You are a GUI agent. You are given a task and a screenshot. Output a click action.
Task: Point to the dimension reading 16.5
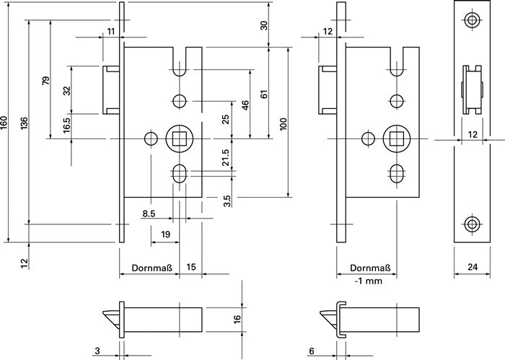tap(66, 126)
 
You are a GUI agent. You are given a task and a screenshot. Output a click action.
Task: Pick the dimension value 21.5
tap(226, 159)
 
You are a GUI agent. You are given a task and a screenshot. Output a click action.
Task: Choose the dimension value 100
tap(284, 125)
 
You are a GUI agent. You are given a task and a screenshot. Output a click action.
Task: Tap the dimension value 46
tap(245, 105)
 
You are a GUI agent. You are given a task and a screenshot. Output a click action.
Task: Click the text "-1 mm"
tap(369, 281)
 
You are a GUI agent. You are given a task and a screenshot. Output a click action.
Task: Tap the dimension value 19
tap(165, 234)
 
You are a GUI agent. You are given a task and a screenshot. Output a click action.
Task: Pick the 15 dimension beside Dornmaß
tap(191, 268)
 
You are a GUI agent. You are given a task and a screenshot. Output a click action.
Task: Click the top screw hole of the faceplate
tap(472, 20)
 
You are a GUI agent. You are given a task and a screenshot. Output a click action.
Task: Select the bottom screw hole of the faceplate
tap(472, 224)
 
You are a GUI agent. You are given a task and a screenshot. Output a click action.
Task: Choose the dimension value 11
tap(110, 30)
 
